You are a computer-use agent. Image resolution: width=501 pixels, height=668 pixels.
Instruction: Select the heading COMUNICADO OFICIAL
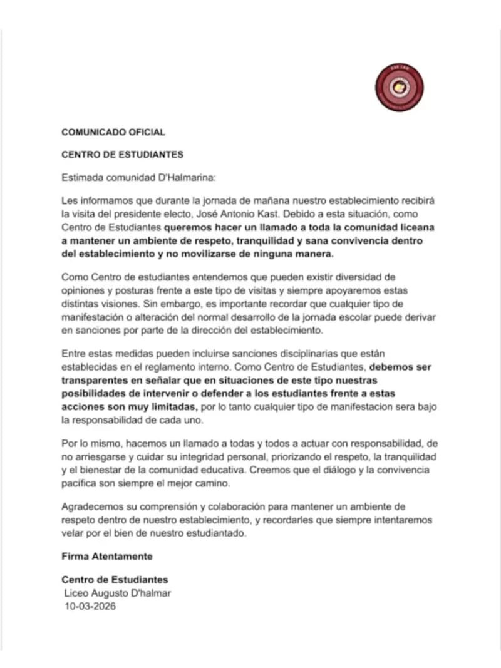(x=113, y=132)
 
